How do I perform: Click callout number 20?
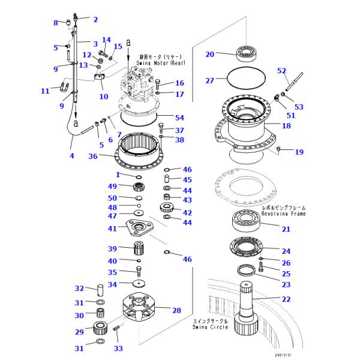pyautogui.click(x=209, y=55)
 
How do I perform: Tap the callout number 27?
pyautogui.click(x=209, y=80)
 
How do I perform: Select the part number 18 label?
pyautogui.click(x=286, y=127)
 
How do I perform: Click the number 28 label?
pyautogui.click(x=176, y=310)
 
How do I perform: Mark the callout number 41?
pyautogui.click(x=112, y=229)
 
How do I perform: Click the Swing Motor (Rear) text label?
pyautogui.click(x=163, y=59)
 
